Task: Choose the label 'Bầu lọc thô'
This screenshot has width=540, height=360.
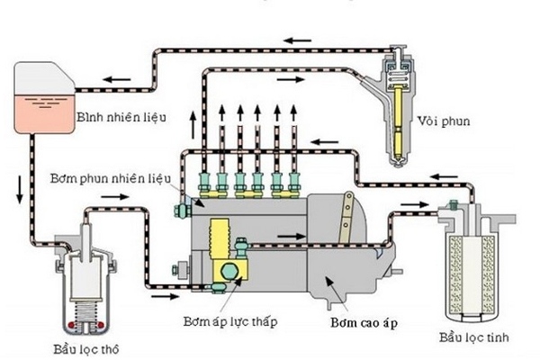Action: pyautogui.click(x=81, y=347)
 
